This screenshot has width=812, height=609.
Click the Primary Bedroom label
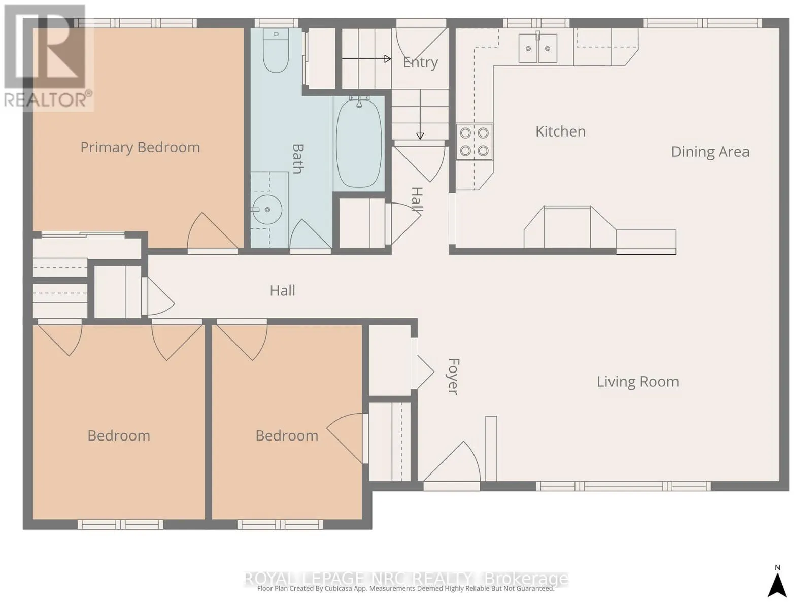(140, 148)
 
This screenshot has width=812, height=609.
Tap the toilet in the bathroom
(276, 51)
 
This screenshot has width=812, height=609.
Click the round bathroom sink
(267, 209)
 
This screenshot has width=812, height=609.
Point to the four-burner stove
(474, 142)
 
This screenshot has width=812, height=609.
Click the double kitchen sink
(537, 48)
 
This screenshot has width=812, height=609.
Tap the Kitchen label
(560, 131)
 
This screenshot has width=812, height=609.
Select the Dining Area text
(710, 152)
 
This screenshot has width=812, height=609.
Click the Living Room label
(638, 382)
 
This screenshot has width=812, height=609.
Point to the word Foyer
(453, 377)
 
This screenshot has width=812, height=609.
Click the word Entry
(420, 62)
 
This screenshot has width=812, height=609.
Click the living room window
(623, 486)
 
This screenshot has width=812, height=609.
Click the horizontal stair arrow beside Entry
(366, 59)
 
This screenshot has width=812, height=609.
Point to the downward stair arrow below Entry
(420, 114)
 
